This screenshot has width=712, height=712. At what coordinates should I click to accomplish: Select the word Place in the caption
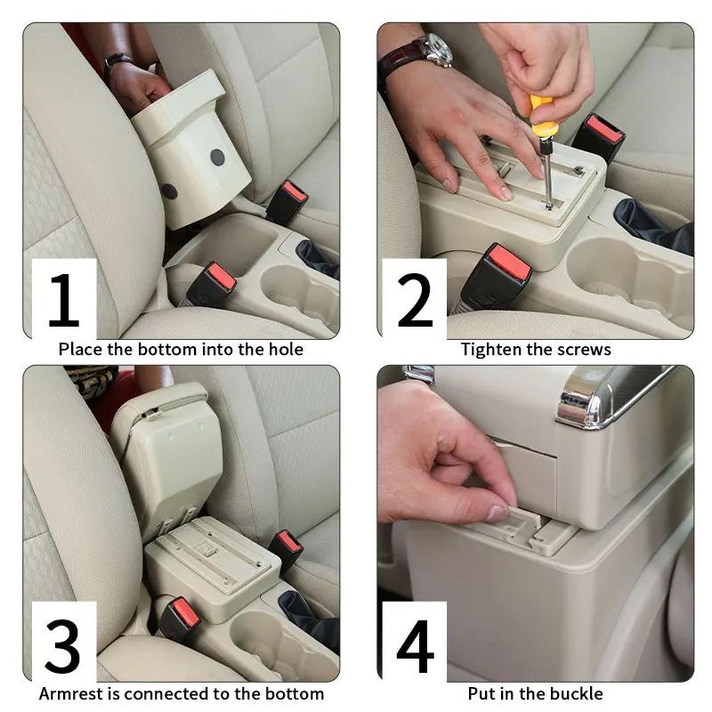81,349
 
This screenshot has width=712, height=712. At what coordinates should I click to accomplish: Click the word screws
586,349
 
